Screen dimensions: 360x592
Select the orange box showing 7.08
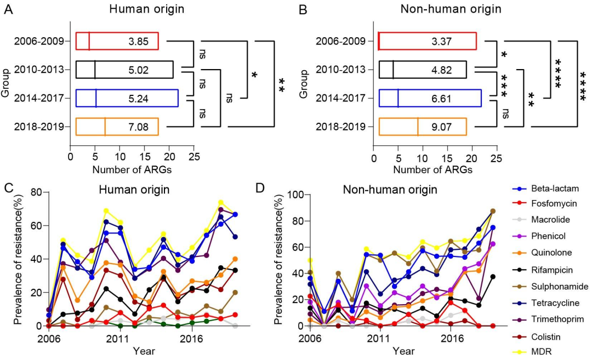pyautogui.click(x=117, y=127)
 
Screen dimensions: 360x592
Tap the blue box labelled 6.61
pyautogui.click(x=430, y=99)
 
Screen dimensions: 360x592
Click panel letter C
pyautogui.click(x=8, y=188)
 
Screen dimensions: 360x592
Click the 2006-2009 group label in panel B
pyautogui.click(x=344, y=41)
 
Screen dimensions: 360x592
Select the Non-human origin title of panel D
pyautogui.click(x=390, y=190)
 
